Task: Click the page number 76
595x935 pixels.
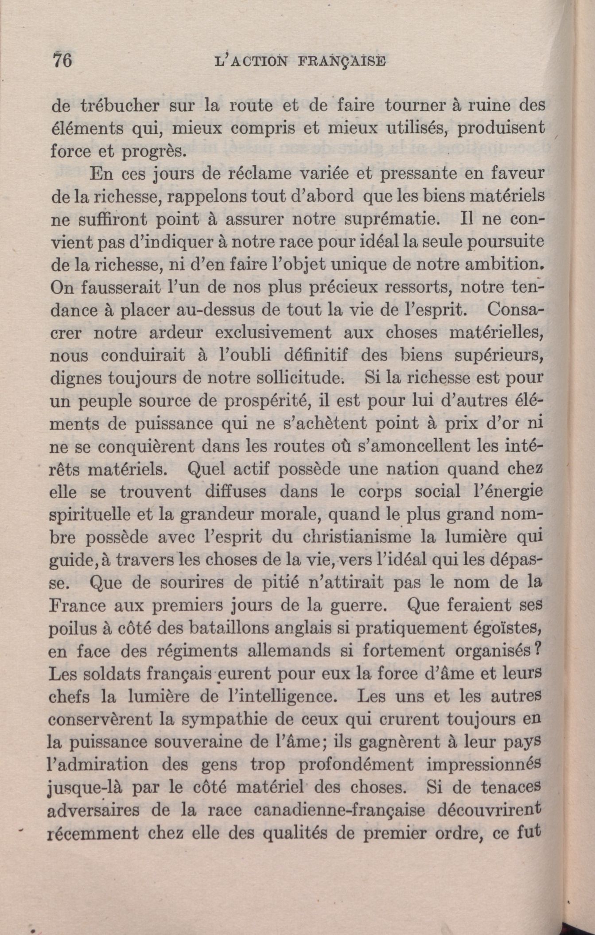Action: coord(62,60)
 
